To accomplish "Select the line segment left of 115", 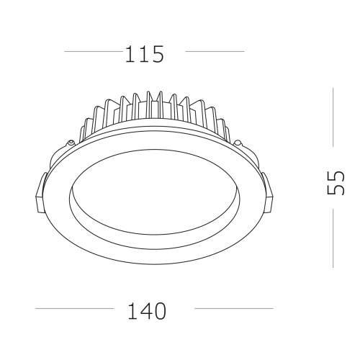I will pos(94,52).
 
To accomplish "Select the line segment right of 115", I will pos(215,52).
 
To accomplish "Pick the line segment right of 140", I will pos(233,310).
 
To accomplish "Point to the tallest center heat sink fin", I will pos(149,104).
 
